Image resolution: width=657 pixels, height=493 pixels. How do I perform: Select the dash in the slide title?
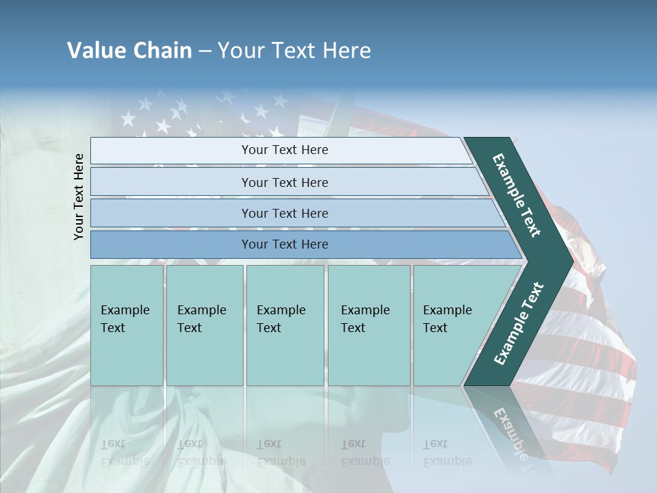[x=205, y=51]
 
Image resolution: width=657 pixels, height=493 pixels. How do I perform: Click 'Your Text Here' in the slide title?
[x=294, y=51]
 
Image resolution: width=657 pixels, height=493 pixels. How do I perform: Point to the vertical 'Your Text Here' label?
[x=79, y=197]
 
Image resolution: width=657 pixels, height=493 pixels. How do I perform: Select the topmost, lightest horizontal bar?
[x=284, y=150]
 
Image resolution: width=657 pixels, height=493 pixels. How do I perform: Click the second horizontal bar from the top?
[x=284, y=182]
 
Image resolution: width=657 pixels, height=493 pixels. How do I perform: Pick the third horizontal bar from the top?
[x=284, y=213]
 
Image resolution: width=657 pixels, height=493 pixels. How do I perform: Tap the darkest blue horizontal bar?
[x=284, y=244]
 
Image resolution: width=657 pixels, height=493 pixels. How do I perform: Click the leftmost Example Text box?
[x=127, y=325]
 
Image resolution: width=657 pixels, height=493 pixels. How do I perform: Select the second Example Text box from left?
[x=204, y=325]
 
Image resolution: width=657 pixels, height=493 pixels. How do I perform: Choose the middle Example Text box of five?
[x=285, y=325]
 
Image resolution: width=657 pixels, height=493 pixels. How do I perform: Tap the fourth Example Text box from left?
[x=369, y=325]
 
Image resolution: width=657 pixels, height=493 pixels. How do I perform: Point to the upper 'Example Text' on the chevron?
[x=517, y=195]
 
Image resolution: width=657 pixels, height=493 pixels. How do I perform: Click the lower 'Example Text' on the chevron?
[x=518, y=324]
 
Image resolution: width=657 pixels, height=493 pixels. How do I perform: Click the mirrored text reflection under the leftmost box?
[x=125, y=453]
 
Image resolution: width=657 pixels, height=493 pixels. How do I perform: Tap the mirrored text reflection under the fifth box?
[x=448, y=453]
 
